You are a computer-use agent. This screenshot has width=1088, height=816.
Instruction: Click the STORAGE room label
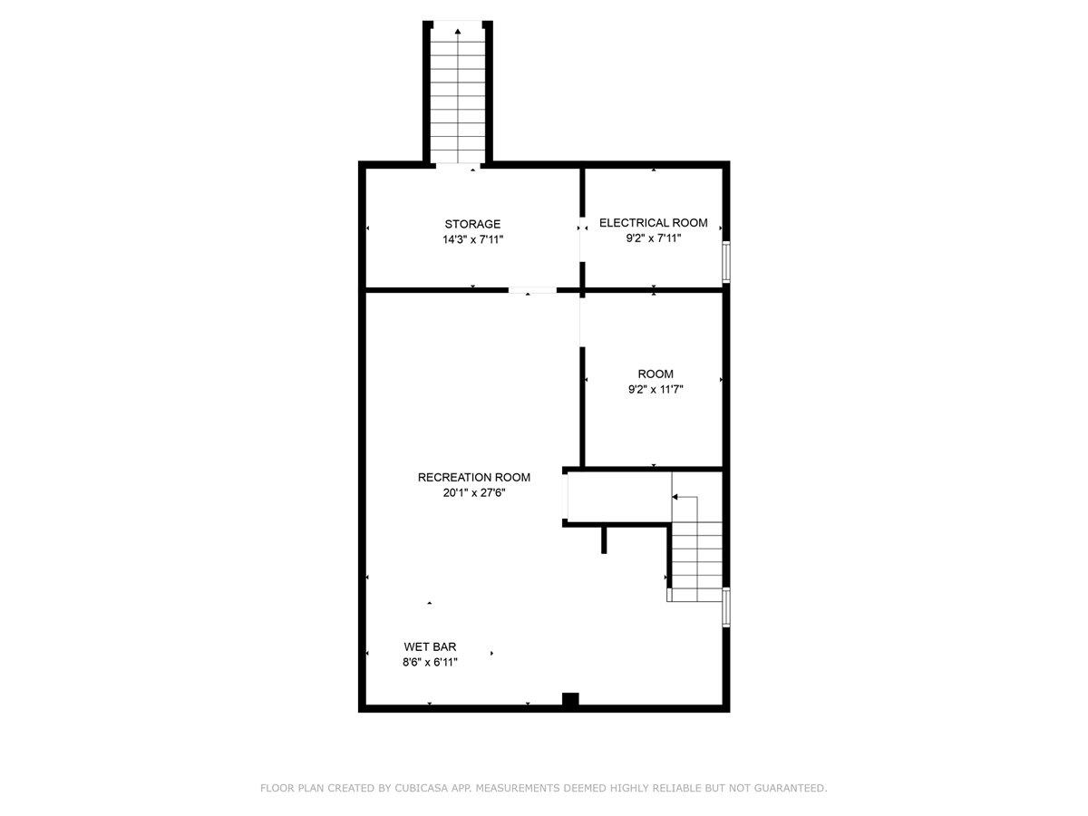(x=471, y=224)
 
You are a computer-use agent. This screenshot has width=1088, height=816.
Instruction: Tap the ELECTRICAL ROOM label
(x=653, y=222)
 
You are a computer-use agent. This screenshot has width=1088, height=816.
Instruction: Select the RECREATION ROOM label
(x=473, y=477)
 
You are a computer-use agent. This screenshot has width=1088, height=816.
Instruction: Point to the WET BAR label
(x=430, y=646)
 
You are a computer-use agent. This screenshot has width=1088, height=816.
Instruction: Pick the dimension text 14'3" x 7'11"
(x=471, y=239)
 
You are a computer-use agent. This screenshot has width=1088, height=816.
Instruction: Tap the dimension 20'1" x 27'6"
(x=473, y=493)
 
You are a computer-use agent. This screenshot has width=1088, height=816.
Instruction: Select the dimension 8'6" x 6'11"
(x=430, y=662)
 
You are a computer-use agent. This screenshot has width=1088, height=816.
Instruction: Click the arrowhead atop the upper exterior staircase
(x=458, y=32)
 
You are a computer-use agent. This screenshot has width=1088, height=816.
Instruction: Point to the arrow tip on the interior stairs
(x=675, y=497)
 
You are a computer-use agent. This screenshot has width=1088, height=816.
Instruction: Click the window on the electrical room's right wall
(x=725, y=261)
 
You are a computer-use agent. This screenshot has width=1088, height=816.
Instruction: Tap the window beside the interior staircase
(x=725, y=607)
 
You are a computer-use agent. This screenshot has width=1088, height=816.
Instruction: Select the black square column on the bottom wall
(x=569, y=699)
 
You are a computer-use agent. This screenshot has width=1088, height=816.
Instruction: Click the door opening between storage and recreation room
(x=532, y=290)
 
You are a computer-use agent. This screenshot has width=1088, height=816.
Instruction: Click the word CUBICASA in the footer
(x=418, y=789)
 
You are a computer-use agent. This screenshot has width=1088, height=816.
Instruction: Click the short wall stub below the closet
(x=603, y=539)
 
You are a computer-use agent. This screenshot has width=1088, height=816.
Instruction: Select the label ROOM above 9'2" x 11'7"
(x=655, y=374)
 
